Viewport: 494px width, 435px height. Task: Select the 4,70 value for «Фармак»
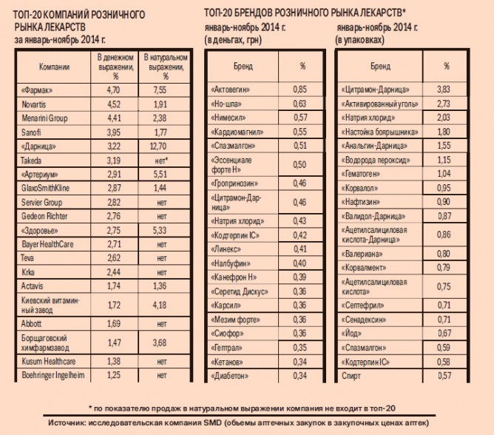(x=113, y=90)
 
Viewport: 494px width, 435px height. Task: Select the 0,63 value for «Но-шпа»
(x=300, y=104)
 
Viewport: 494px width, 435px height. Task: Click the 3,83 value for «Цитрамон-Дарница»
(x=444, y=90)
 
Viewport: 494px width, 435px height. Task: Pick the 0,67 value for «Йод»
(x=444, y=333)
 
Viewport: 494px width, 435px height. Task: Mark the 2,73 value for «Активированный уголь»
(x=444, y=104)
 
